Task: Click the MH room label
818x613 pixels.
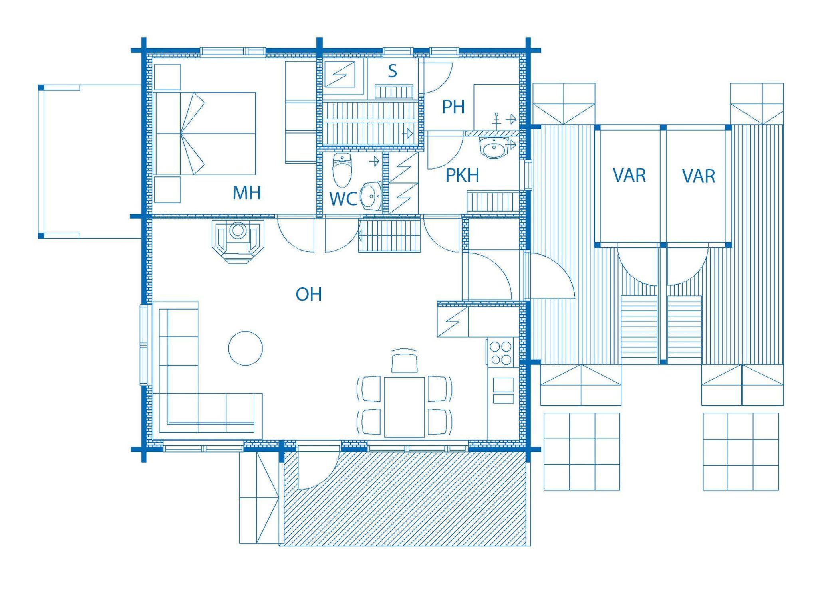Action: (x=247, y=193)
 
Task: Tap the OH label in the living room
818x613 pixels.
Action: (x=309, y=295)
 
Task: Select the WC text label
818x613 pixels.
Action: (x=343, y=199)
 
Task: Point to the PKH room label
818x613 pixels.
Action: (x=462, y=176)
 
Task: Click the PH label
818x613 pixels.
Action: (x=453, y=107)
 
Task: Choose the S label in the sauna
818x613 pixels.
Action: (x=393, y=71)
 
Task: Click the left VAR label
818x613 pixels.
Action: (x=629, y=176)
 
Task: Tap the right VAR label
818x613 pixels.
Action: (x=699, y=176)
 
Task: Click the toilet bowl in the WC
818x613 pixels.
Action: (x=342, y=170)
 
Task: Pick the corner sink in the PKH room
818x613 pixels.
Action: (x=495, y=148)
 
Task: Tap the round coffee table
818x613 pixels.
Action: (x=246, y=348)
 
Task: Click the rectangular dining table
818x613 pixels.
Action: (x=404, y=407)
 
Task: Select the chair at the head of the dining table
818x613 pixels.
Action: (x=405, y=361)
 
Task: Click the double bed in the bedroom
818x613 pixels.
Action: (x=205, y=134)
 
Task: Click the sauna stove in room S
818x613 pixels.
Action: (x=340, y=74)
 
